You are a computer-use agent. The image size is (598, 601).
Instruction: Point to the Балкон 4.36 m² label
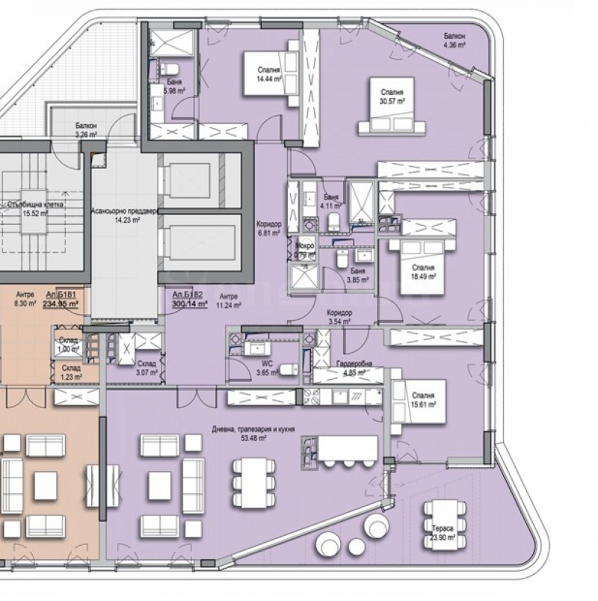coord(454,40)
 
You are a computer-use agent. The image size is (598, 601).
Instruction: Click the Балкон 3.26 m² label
coord(85,131)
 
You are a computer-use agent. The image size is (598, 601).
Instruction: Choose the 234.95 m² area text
coord(67,304)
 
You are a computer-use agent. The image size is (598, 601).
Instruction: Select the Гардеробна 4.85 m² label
coord(357,368)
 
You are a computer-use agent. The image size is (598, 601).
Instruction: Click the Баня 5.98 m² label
coord(175,86)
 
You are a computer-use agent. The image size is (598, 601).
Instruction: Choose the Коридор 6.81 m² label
coord(268,228)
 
